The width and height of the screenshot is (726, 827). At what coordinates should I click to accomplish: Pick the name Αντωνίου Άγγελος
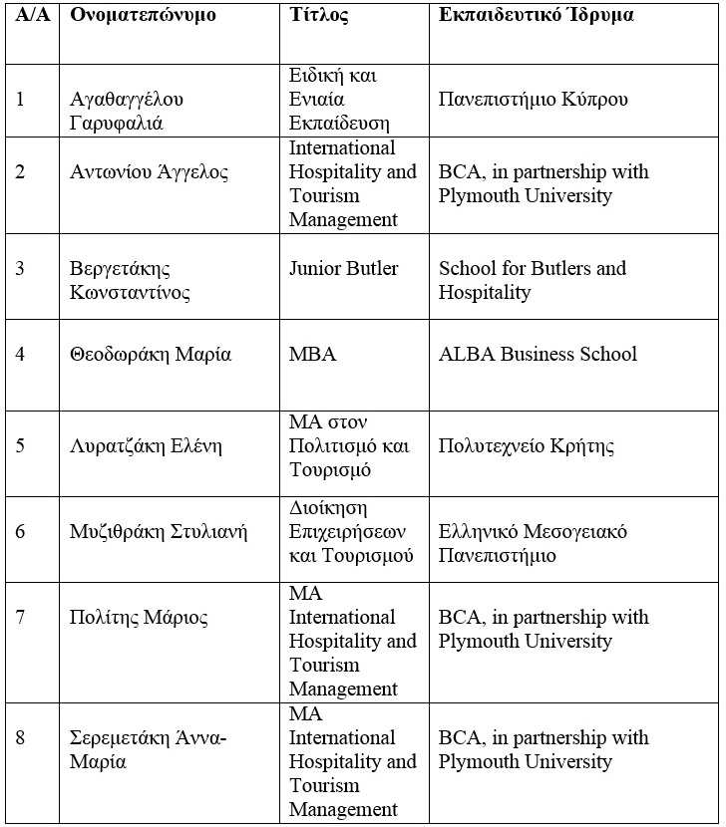click(x=149, y=172)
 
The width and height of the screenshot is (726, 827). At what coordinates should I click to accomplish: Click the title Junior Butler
click(x=343, y=268)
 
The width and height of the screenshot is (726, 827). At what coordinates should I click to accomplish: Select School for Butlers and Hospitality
click(x=533, y=280)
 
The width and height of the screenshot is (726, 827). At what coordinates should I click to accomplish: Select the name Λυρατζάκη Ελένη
click(x=147, y=445)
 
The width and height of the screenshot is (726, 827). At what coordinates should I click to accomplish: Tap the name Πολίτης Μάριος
click(x=139, y=618)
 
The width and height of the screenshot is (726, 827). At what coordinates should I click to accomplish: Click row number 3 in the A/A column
click(x=21, y=269)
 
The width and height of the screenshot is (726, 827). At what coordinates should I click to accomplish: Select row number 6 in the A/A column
click(x=21, y=531)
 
